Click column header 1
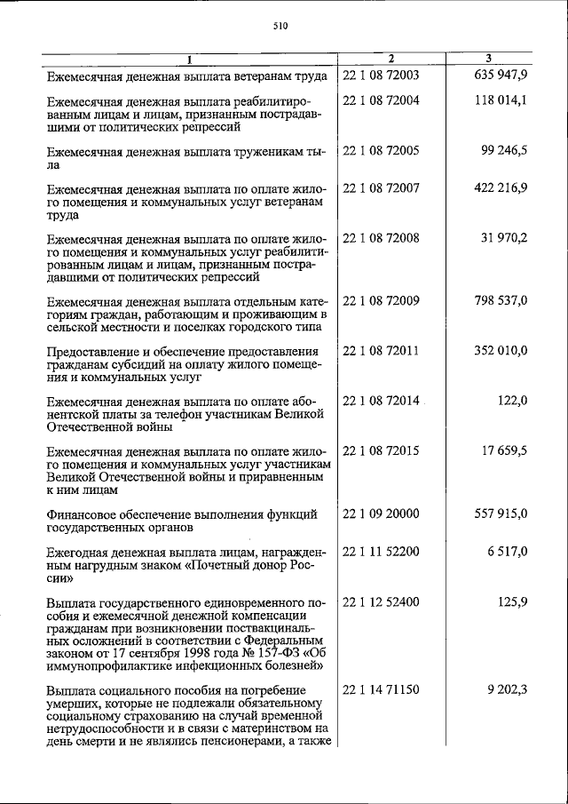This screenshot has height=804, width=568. (x=189, y=60)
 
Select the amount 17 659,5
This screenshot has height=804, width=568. (x=505, y=450)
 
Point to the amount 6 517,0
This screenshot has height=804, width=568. (x=509, y=552)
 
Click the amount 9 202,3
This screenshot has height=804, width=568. (x=507, y=690)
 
